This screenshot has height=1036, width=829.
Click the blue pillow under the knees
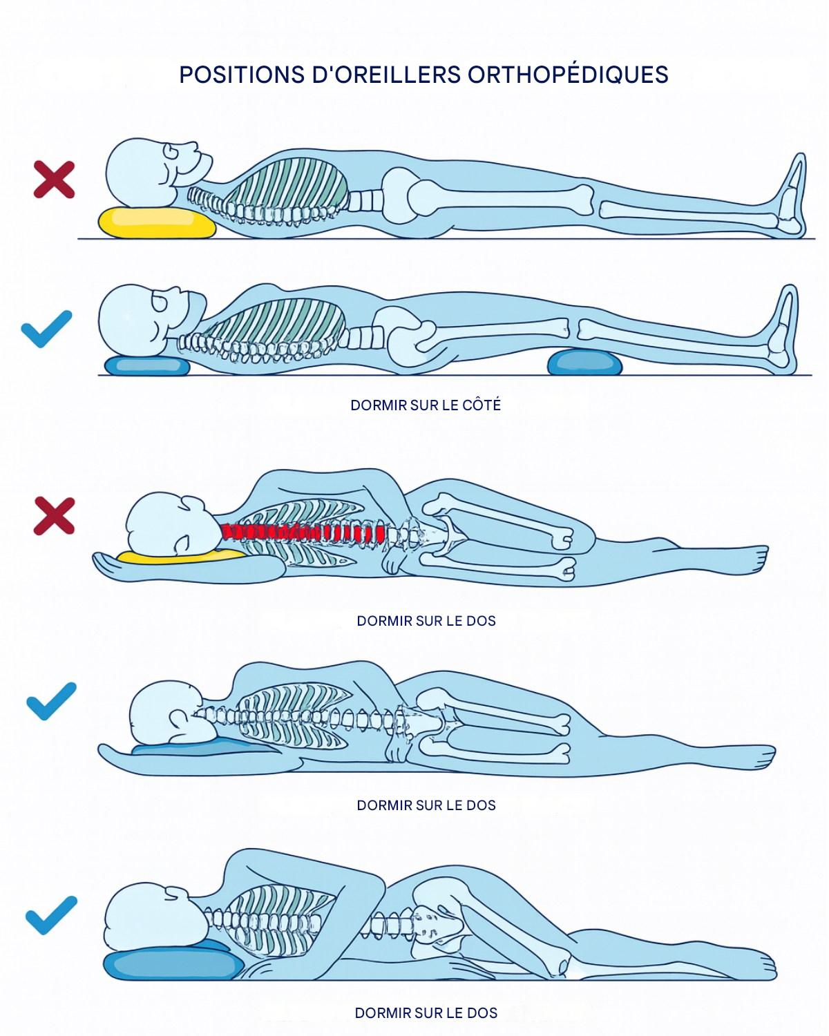click(x=584, y=361)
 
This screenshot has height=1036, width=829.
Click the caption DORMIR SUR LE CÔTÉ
click(x=426, y=405)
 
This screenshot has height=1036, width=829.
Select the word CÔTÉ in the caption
click(x=482, y=405)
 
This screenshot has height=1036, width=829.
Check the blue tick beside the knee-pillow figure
click(x=46, y=329)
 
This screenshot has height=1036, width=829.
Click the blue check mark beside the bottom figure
click(x=51, y=915)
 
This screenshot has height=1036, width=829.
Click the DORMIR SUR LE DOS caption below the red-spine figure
click(x=426, y=621)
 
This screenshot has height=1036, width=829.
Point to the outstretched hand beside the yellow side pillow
click(x=111, y=565)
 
